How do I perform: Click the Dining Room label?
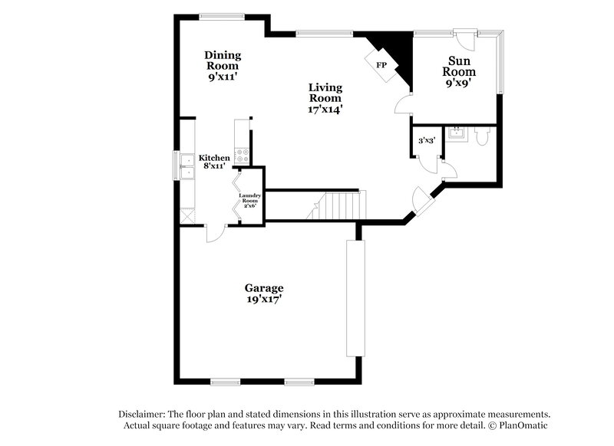click(223, 65)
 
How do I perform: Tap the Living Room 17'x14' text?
click(325, 98)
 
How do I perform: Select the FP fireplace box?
click(381, 64)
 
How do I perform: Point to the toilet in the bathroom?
click(481, 137)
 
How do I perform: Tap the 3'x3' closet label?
click(427, 140)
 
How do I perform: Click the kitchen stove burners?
click(241, 154)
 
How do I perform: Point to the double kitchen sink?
click(187, 165)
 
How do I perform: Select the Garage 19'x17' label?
click(264, 294)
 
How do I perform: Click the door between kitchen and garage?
click(214, 232)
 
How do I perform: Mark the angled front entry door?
click(421, 202)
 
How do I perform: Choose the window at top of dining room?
click(222, 15)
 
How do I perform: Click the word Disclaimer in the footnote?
click(142, 412)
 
